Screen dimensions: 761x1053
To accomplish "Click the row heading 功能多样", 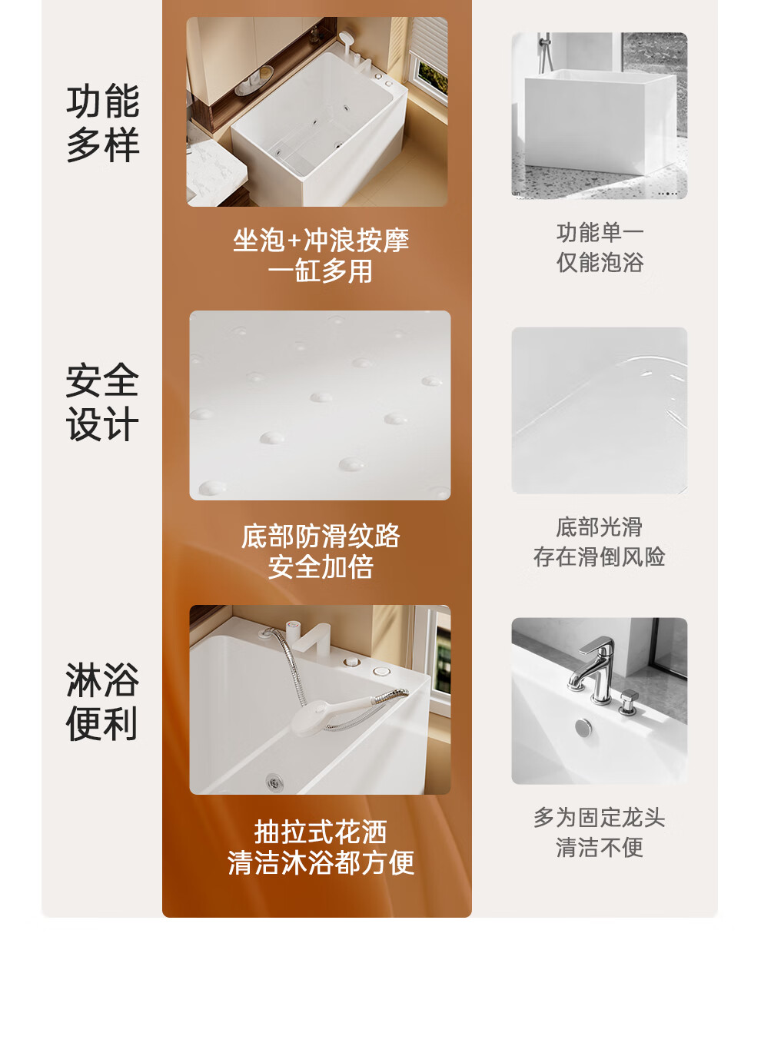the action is pos(103,123).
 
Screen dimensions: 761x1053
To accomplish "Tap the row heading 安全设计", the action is pos(102,402).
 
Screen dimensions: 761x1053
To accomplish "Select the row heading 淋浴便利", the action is pos(102,702).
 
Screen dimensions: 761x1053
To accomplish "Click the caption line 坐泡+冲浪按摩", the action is pos(321,241).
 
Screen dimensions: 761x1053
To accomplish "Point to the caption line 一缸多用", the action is pos(321,271).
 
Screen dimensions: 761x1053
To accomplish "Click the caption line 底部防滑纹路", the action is pos(321,536).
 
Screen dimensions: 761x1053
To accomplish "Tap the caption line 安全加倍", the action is pos(321,566).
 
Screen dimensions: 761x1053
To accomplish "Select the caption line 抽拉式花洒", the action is pos(321,832).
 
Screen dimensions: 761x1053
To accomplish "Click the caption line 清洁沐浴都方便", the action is pos(321,862).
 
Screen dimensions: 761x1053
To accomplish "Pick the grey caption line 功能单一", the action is pos(600,233).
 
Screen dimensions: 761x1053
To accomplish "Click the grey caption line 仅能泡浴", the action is pos(600,262).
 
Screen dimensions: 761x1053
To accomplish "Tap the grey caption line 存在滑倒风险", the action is pos(600,557).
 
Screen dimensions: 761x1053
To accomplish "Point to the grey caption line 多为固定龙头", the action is pos(600,818).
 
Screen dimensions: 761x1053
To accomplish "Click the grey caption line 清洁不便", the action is pos(600,848).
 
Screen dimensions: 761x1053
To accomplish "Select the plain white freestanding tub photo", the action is pos(600,115).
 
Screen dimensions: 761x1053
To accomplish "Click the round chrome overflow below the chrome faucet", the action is pos(584,728).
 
